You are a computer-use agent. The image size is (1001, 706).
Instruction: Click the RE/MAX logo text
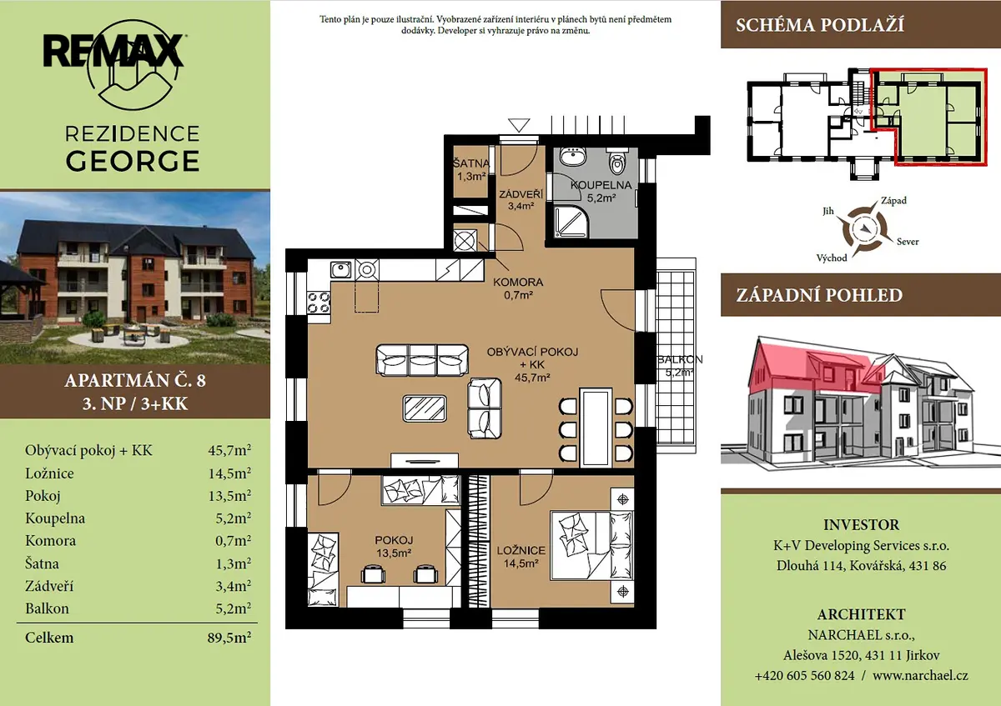[x=113, y=51]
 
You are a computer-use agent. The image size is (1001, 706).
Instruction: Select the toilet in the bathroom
[x=617, y=162]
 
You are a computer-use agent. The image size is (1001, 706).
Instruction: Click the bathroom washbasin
[x=572, y=158]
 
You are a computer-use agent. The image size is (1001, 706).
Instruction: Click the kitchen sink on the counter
[x=340, y=270]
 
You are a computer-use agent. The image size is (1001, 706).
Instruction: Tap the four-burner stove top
[x=319, y=303]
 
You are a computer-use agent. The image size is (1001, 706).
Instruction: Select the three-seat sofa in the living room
[x=422, y=359]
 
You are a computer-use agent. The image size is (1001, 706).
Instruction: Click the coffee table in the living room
[x=425, y=408]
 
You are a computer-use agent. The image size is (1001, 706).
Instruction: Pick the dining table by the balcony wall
[x=596, y=428]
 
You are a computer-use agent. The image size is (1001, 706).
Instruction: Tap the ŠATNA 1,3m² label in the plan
[x=471, y=170]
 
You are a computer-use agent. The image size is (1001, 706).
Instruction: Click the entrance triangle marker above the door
[x=519, y=125]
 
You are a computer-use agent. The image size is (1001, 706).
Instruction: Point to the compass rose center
[x=864, y=229]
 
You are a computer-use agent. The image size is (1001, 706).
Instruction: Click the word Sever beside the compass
[x=908, y=242]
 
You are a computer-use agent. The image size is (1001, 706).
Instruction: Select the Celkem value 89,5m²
[x=229, y=637]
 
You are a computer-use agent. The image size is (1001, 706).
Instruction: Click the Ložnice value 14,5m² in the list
[x=229, y=473]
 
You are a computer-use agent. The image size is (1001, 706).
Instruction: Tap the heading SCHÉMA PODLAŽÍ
[x=820, y=24]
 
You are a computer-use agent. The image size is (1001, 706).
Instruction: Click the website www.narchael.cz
[x=920, y=675]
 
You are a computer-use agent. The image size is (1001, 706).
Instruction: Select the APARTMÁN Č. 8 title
[x=135, y=380]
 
